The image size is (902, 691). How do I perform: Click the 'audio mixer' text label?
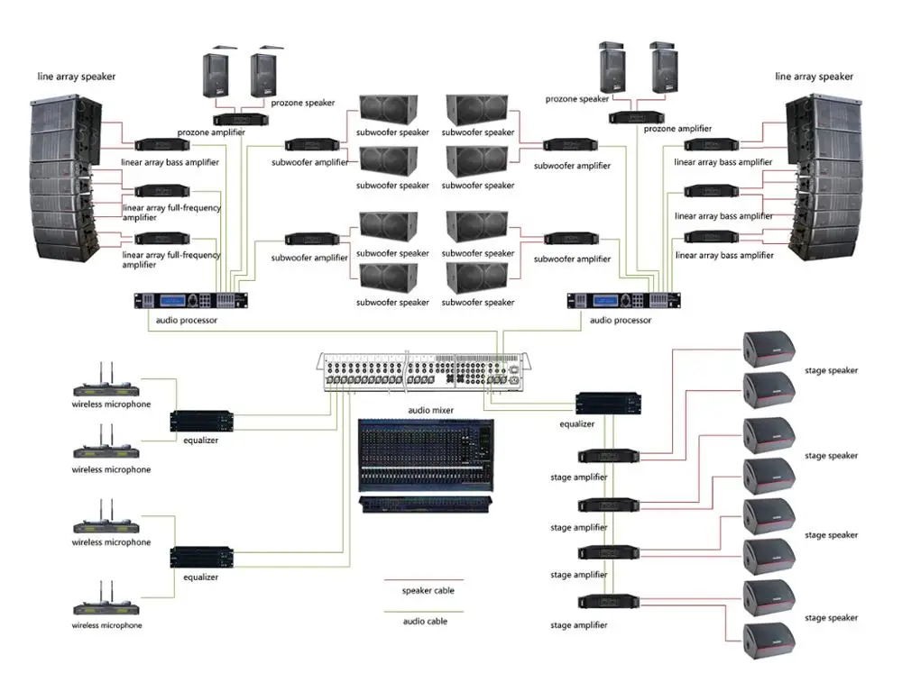(x=430, y=410)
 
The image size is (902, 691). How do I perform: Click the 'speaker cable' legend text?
(x=428, y=591)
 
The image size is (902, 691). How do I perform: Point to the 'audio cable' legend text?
(x=424, y=622)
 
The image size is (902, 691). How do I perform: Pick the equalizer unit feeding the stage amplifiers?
(x=609, y=404)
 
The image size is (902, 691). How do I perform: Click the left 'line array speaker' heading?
(x=76, y=77)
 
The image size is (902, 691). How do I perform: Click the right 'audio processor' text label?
(x=620, y=320)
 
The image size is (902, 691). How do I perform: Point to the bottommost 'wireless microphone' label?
(x=107, y=625)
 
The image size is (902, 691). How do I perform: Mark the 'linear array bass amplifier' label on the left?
(x=170, y=163)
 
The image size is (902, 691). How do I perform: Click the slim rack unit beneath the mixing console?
(x=426, y=505)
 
